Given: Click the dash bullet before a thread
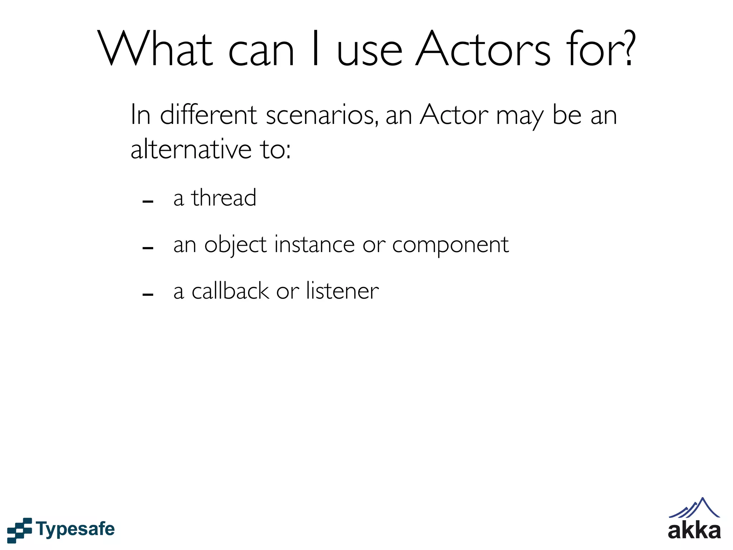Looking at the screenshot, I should pos(148,202).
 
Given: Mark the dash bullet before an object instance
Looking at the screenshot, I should pos(148,248).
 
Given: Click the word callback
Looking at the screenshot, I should pos(230,290).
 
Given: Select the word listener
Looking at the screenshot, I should pos(342,290).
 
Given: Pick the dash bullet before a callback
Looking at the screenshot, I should pos(148,295).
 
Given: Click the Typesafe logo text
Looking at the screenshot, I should pos(75,529).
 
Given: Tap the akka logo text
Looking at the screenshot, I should pos(694,531).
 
